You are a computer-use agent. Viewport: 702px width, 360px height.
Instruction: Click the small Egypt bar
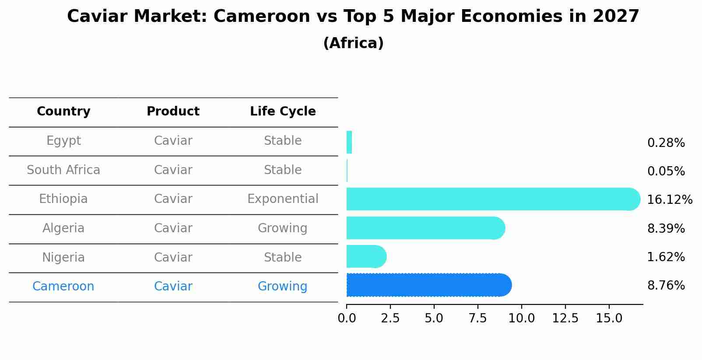point(349,142)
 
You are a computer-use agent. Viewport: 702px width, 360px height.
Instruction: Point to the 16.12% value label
point(669,200)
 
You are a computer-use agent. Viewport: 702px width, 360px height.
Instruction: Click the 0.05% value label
point(666,171)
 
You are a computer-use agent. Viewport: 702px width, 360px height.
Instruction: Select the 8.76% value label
point(666,286)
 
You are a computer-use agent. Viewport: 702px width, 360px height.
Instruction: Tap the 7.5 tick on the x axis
point(477,318)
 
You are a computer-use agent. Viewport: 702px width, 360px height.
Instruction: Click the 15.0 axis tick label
point(609,318)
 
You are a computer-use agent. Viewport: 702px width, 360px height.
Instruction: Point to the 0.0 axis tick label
point(347,318)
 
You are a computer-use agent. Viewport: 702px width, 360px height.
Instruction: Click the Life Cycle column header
point(283,112)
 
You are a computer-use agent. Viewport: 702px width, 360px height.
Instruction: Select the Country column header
point(63,112)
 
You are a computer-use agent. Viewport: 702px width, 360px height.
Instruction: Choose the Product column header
point(173,112)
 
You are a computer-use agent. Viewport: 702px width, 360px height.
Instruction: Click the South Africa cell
point(63,170)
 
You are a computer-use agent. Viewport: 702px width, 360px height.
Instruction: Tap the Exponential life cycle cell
point(283,199)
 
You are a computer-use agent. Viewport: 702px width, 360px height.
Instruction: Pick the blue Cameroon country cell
point(63,287)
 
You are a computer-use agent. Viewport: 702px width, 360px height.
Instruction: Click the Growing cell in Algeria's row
point(283,228)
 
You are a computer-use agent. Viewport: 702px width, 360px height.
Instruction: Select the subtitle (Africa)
point(353,43)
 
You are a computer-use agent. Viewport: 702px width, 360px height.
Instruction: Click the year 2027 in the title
point(616,17)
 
